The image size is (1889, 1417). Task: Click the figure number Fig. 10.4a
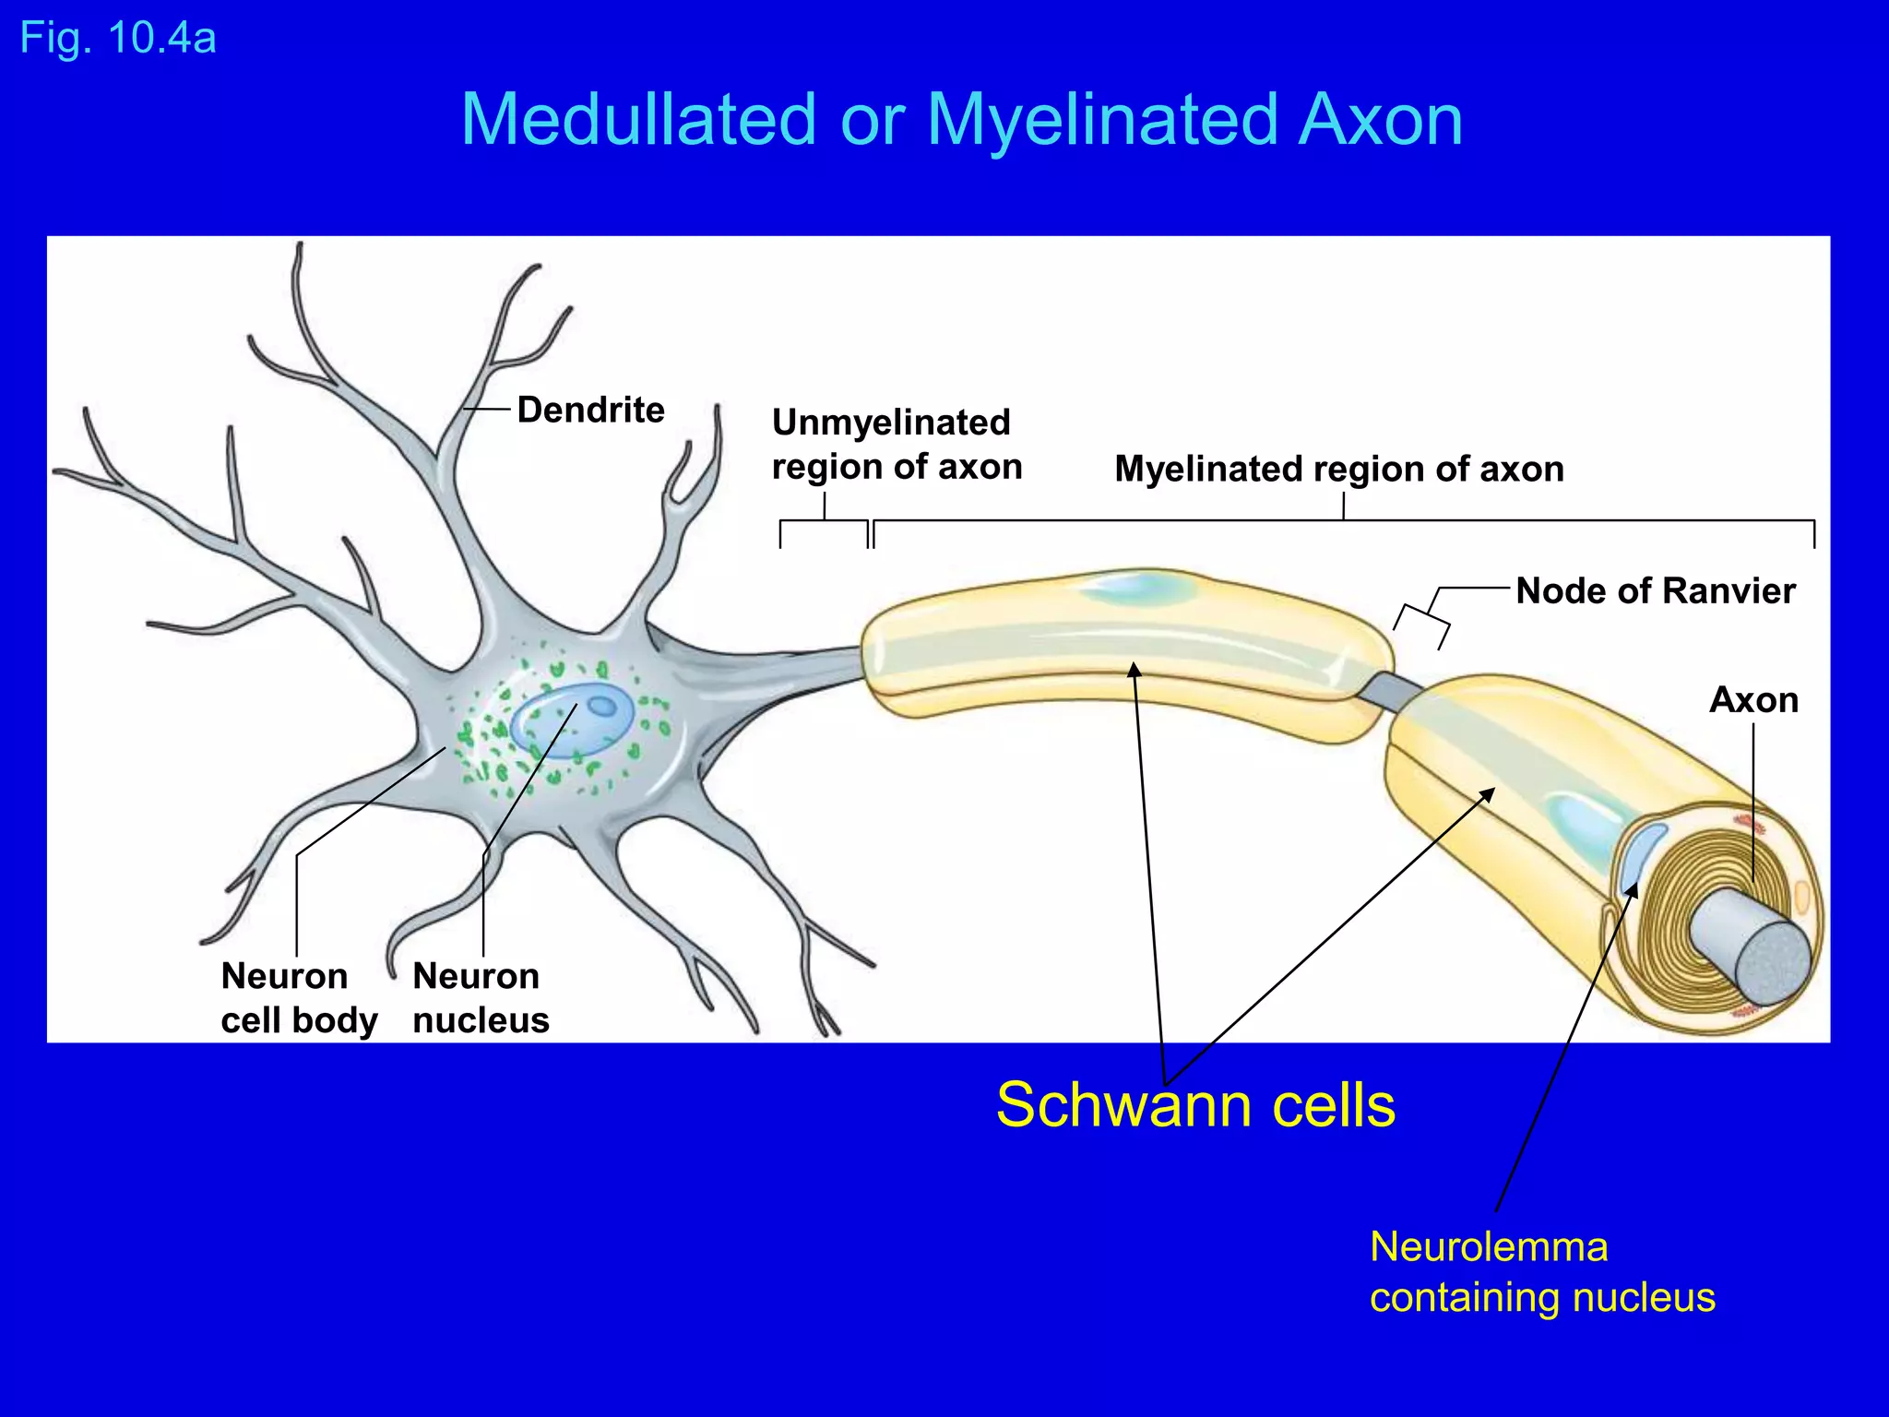(118, 39)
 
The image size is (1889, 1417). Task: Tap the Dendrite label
(590, 410)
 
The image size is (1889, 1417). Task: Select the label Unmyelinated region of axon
(896, 445)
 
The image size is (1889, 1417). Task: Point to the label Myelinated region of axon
(1338, 469)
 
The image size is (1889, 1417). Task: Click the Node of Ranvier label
(1655, 590)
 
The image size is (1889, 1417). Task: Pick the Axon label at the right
(1753, 700)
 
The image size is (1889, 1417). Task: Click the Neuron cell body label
(298, 998)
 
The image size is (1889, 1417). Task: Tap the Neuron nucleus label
(480, 998)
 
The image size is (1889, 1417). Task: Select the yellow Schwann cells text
(1195, 1105)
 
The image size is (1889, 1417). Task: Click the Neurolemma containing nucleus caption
(1541, 1272)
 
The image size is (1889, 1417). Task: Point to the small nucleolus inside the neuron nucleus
(602, 707)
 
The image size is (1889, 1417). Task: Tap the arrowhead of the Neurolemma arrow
(1633, 889)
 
